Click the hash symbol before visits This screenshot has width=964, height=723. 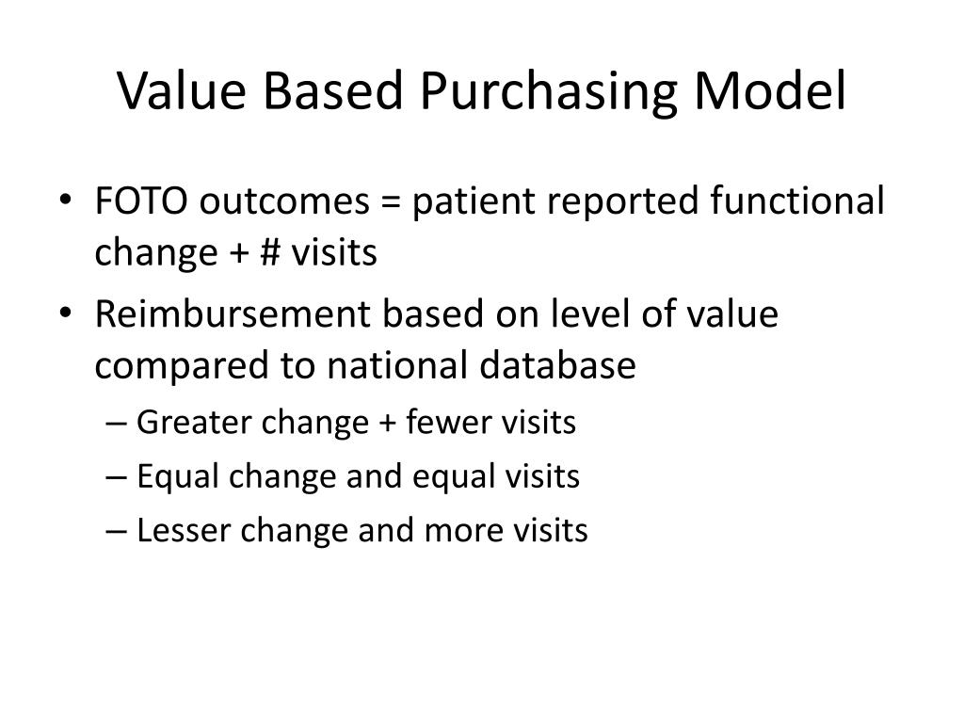tap(268, 253)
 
